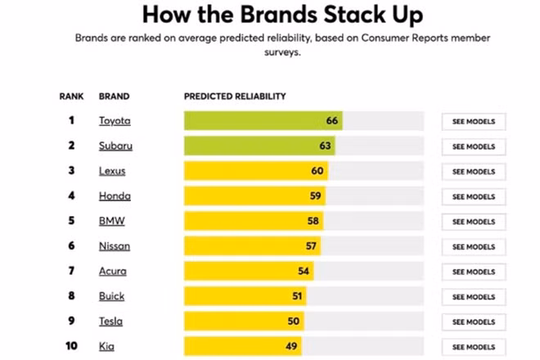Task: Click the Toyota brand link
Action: tap(114, 121)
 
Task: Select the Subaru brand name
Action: tap(115, 146)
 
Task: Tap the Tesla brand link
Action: tap(111, 322)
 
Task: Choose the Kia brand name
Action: tap(106, 347)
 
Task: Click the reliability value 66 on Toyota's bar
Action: tap(332, 121)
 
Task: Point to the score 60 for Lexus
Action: tap(317, 171)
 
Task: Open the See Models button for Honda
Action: tap(474, 197)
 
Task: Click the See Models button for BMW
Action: tap(474, 222)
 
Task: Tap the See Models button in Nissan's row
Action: tap(474, 247)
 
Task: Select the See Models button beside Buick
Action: tap(474, 297)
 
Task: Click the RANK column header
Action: tap(71, 96)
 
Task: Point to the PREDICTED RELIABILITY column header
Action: tap(235, 96)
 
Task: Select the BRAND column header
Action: tap(114, 96)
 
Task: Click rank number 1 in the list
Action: tap(71, 121)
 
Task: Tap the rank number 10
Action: tap(71, 347)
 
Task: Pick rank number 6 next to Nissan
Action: tap(71, 246)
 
